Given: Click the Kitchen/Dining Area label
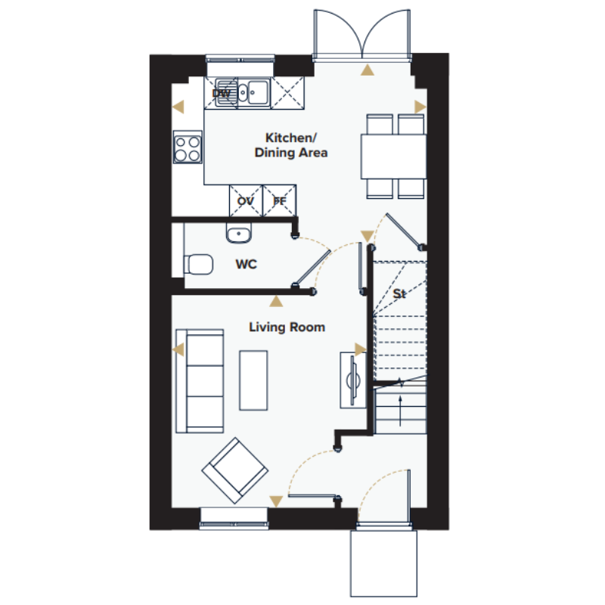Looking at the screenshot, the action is (291, 145).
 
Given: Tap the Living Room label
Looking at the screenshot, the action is (287, 327).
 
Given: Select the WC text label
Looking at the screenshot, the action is (247, 264).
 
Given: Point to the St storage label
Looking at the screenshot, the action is (399, 294).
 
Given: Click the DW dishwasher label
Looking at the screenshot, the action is (221, 93).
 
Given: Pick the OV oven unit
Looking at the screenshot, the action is (246, 200).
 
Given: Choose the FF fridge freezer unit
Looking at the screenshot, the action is (280, 200).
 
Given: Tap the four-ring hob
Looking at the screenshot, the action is (188, 147).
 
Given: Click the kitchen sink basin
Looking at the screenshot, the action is (257, 92).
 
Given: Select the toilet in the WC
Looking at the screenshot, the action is (198, 264).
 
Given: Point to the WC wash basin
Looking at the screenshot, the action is (238, 233).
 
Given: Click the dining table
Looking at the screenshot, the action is (393, 157).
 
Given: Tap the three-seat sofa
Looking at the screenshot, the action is (200, 381).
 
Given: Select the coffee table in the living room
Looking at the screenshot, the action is (253, 380).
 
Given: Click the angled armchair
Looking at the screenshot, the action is (235, 470).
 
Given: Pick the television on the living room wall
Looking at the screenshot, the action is (352, 380).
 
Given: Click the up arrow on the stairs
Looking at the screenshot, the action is (400, 411).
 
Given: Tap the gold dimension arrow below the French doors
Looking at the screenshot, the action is (368, 70).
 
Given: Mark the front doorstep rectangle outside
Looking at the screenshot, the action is (383, 563).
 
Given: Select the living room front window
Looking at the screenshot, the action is (234, 518).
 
